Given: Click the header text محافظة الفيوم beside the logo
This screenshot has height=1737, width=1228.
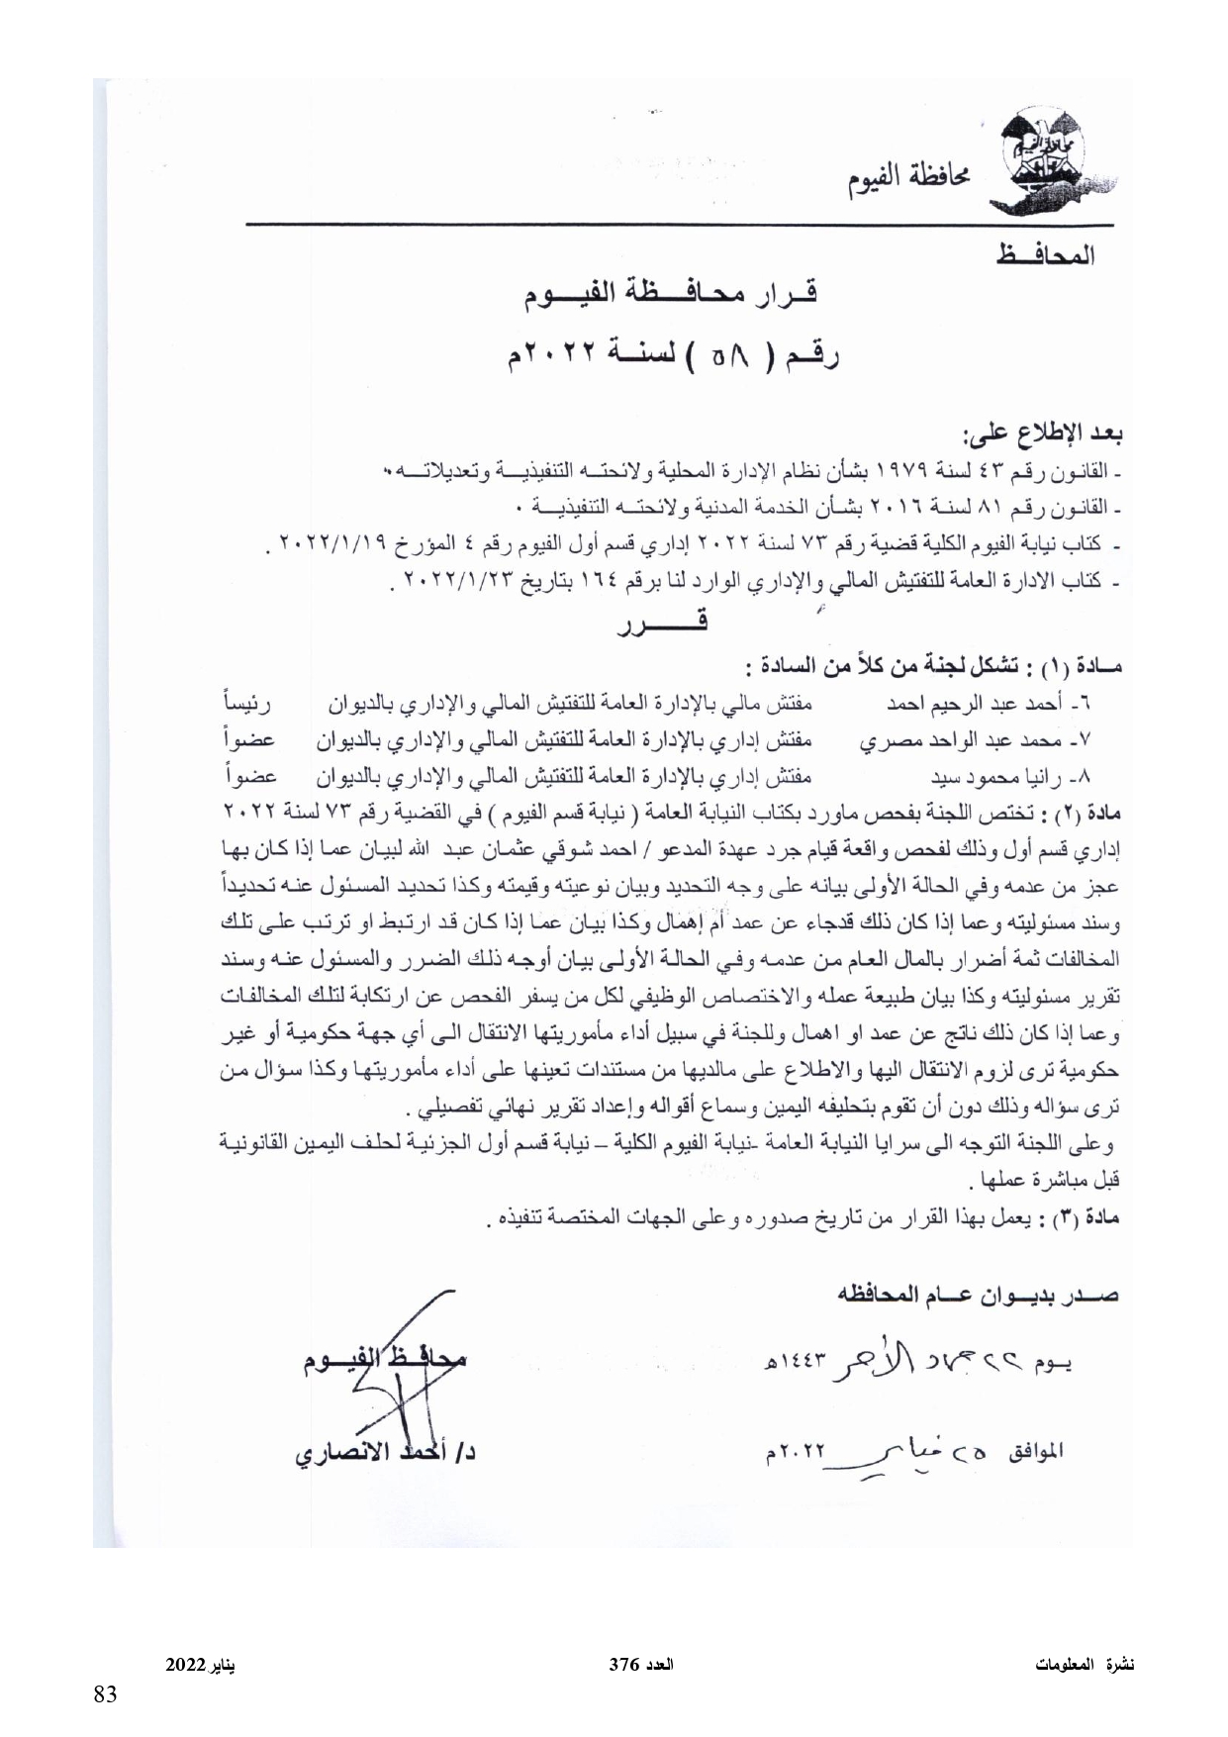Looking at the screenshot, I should click(907, 179).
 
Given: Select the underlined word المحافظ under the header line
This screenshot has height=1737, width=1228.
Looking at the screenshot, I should click(1044, 256).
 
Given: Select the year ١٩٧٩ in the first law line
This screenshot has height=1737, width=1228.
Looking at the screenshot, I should click(896, 469).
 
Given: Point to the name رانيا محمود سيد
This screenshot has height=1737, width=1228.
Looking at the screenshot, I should click(995, 776).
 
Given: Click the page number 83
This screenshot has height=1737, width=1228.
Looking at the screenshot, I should click(105, 1694).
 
